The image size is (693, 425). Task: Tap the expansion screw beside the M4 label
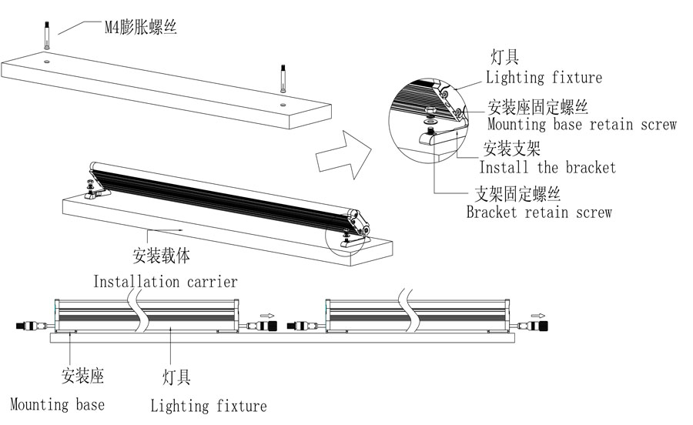point(46,35)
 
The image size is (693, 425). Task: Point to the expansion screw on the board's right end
point(283,79)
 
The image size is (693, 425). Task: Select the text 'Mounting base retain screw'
point(581,124)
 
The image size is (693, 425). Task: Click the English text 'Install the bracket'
point(547,167)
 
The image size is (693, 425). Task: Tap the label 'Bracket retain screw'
point(539,212)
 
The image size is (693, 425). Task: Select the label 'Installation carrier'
point(166,282)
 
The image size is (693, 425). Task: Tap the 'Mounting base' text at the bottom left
point(57,404)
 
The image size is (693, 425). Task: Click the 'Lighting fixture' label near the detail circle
point(544,78)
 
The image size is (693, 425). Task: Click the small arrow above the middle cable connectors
point(266,316)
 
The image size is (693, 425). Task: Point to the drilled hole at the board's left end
point(46,59)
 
